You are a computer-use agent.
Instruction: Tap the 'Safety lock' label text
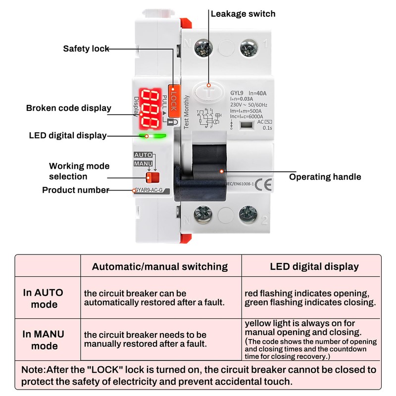tap(86, 49)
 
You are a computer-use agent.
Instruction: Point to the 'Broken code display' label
tap(68, 108)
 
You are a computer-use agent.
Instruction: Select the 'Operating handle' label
tap(325, 177)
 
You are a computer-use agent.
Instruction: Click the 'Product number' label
tap(75, 190)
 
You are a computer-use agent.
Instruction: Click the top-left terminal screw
tap(203, 48)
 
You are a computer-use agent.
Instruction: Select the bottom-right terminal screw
tap(247, 214)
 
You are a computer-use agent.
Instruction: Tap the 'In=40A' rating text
tap(256, 93)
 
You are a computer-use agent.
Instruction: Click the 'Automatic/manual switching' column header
tap(160, 266)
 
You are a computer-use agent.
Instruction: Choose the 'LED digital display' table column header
tap(314, 266)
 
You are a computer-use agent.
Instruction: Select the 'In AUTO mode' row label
tap(44, 298)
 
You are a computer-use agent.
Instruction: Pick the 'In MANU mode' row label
tap(45, 340)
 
